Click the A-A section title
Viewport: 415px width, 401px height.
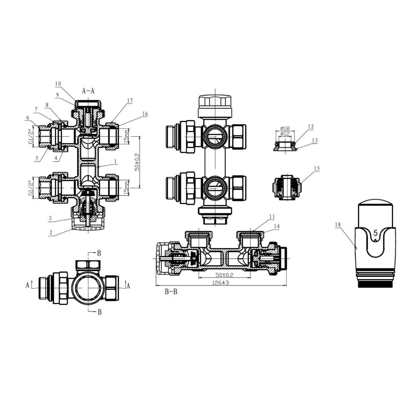[x=88, y=91]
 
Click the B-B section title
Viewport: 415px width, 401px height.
[x=171, y=291]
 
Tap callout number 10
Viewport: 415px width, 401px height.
[x=58, y=84]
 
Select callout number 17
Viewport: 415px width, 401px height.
[x=130, y=101]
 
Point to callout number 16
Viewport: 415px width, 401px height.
[x=145, y=114]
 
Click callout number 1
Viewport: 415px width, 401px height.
[x=116, y=161]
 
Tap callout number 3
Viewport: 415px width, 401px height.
[x=50, y=218]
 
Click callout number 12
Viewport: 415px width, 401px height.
[x=311, y=127]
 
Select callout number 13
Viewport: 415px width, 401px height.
[x=315, y=140]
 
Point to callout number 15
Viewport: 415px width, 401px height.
[x=317, y=169]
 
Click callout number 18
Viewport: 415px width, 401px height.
[x=338, y=224]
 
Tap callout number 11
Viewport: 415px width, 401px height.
[x=272, y=217]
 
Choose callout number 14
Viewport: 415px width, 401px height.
[x=277, y=226]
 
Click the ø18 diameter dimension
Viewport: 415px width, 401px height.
[x=285, y=128]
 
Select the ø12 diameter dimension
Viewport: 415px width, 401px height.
[x=285, y=134]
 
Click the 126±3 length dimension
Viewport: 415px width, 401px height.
[x=220, y=283]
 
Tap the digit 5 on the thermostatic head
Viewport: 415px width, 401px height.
[x=375, y=233]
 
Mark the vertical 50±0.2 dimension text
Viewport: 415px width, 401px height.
[x=137, y=162]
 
